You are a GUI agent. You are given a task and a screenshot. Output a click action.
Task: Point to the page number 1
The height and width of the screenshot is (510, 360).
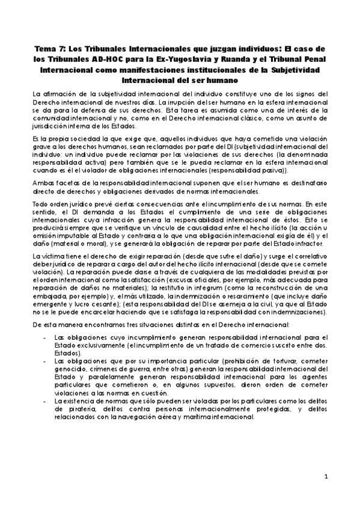point(326,477)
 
